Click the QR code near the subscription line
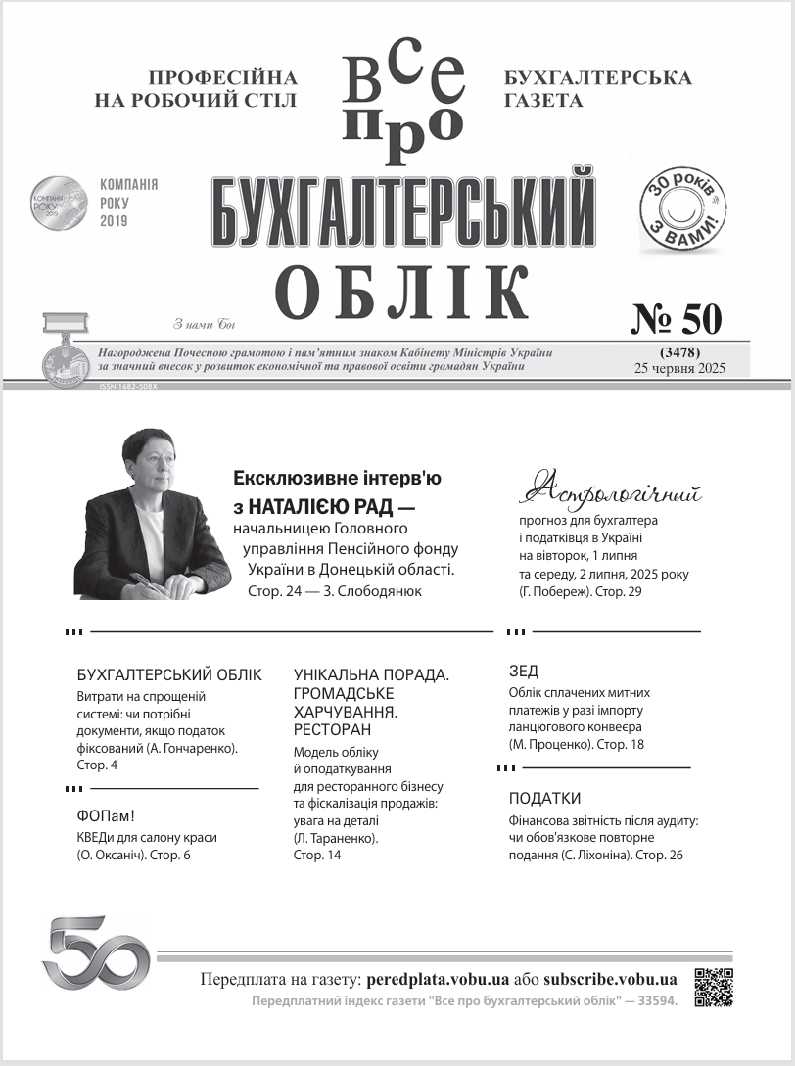[714, 987]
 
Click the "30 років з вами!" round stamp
[683, 208]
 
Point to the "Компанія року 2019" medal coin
[59, 203]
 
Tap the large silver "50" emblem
[95, 952]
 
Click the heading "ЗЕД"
[524, 672]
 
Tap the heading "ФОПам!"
[105, 816]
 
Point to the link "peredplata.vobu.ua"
[438, 979]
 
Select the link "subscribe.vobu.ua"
[610, 979]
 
